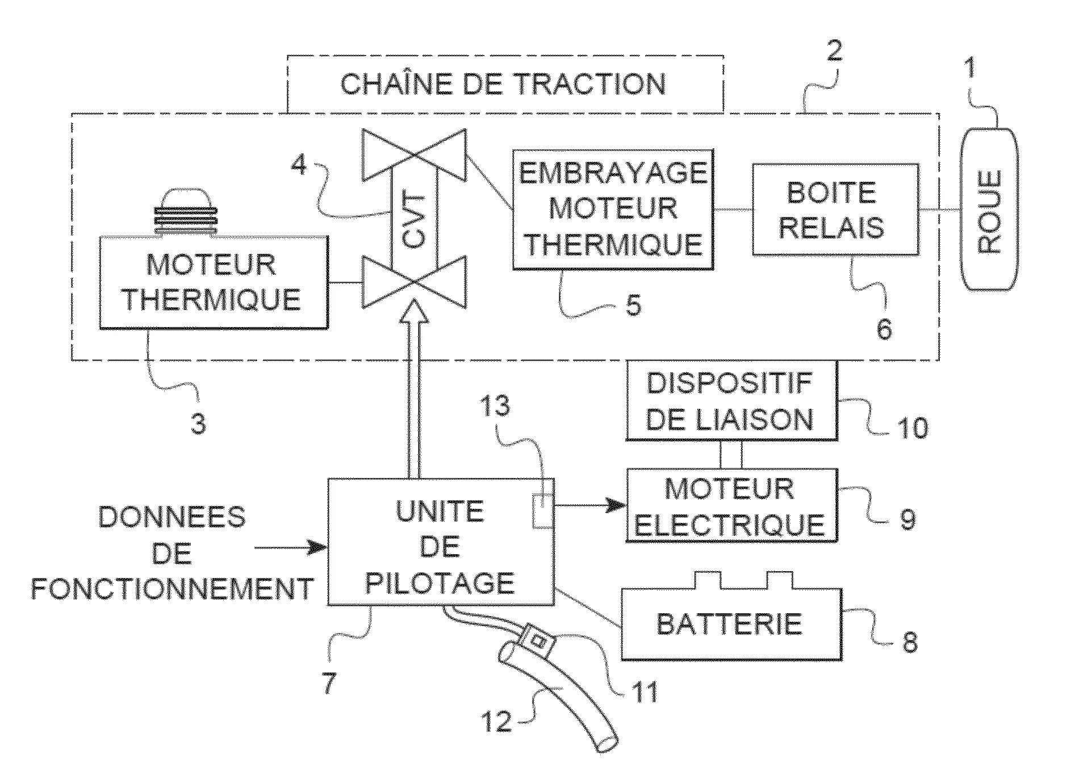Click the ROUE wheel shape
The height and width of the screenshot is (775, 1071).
pyautogui.click(x=989, y=210)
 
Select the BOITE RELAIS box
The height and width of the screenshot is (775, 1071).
pyautogui.click(x=835, y=210)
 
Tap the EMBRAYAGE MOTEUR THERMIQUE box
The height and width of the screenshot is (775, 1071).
pyautogui.click(x=613, y=209)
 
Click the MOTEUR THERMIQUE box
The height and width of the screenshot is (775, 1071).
pyautogui.click(x=214, y=283)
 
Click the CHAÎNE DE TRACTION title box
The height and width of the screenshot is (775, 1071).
pyautogui.click(x=505, y=84)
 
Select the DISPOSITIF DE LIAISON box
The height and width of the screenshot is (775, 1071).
pyautogui.click(x=731, y=401)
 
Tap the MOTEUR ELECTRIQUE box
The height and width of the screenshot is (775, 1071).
pyautogui.click(x=731, y=505)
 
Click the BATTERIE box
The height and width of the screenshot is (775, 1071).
pyautogui.click(x=731, y=625)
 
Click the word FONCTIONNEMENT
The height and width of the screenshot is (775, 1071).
pyautogui.click(x=173, y=589)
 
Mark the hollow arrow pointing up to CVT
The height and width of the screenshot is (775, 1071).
pyautogui.click(x=413, y=386)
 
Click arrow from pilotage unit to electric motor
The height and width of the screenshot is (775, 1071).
pyautogui.click(x=591, y=505)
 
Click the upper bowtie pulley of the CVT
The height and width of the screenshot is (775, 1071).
pyautogui.click(x=413, y=154)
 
